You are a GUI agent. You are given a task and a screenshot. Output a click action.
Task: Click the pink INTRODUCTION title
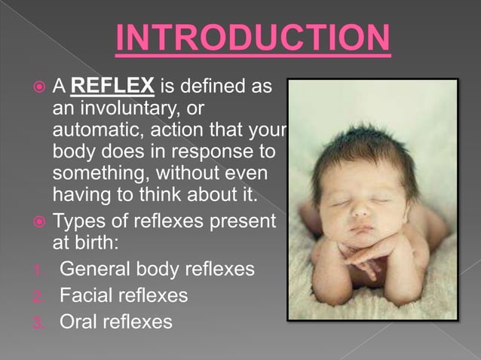253,39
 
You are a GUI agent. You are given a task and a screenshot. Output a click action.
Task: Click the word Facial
86,295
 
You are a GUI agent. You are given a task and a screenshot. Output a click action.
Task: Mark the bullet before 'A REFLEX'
41,87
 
